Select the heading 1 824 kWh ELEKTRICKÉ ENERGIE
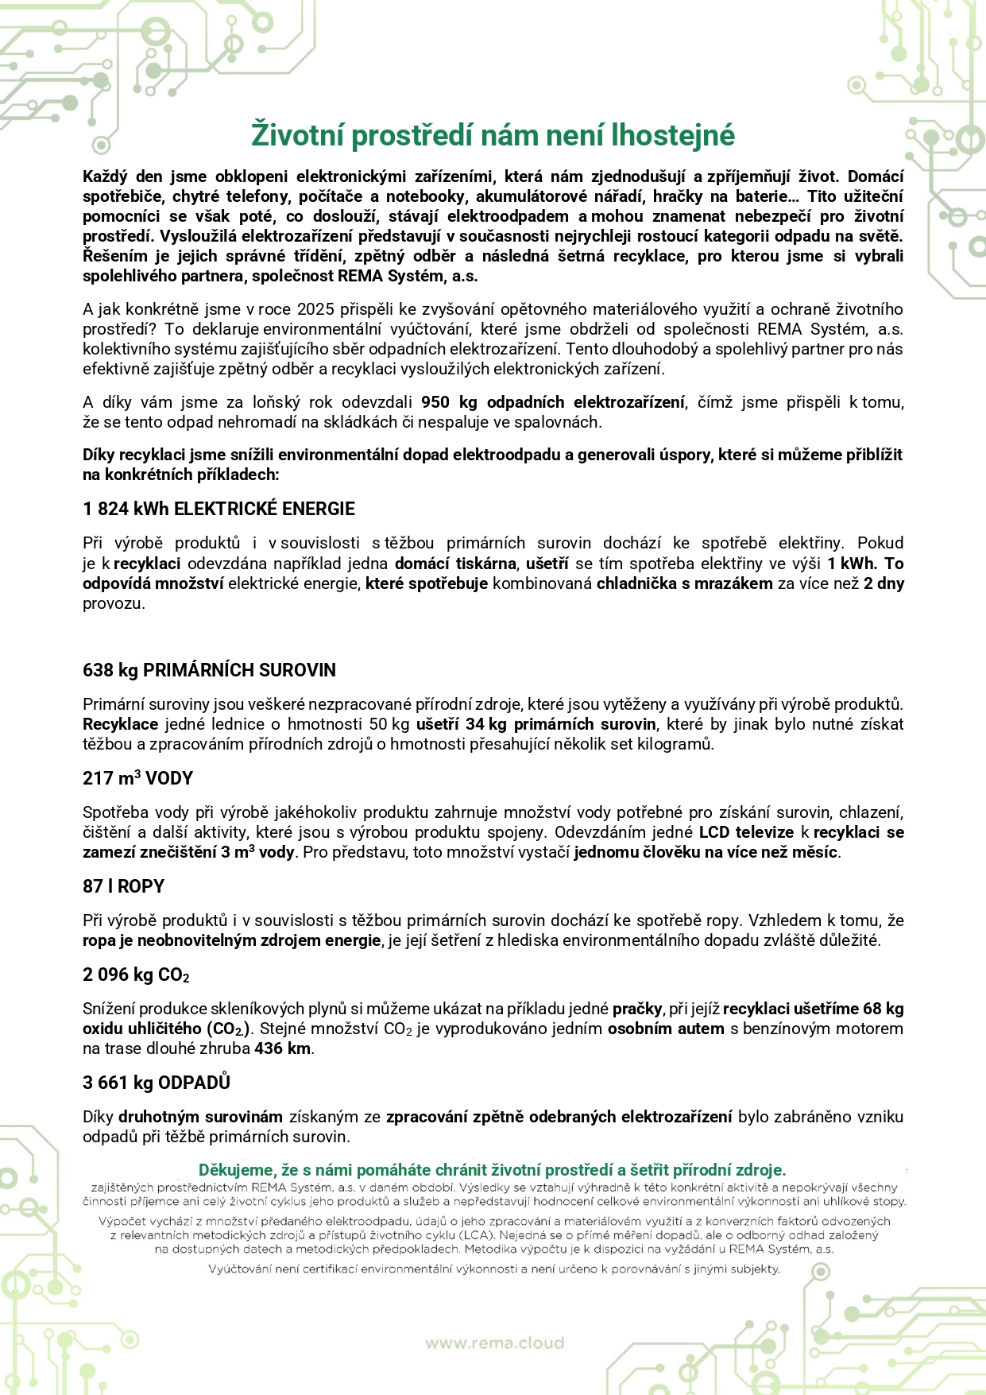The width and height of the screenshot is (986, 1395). [218, 509]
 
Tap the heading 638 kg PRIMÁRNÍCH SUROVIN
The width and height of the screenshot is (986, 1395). [209, 670]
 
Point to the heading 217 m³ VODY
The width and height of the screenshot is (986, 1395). [137, 778]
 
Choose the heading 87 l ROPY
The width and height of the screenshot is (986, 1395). [123, 886]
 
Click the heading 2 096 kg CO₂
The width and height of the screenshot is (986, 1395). [136, 975]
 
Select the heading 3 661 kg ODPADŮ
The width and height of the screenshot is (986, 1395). [156, 1083]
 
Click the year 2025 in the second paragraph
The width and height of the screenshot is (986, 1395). [315, 309]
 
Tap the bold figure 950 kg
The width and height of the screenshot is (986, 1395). [449, 402]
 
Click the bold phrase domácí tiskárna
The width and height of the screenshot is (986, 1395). [457, 564]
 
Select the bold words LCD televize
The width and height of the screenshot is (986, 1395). [746, 832]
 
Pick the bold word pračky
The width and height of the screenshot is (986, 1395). [637, 1009]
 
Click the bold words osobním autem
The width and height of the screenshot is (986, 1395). [666, 1029]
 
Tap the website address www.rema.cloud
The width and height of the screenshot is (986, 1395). [494, 1343]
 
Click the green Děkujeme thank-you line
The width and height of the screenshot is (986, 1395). [492, 1170]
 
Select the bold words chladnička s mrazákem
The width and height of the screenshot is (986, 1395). [684, 583]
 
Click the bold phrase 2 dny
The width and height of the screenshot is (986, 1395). [884, 583]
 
